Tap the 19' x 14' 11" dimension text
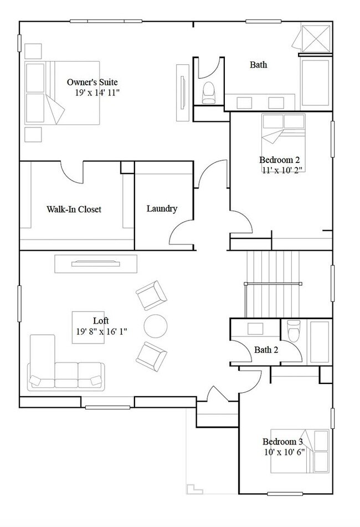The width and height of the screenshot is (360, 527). [97, 93]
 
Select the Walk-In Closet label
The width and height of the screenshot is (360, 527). [74, 209]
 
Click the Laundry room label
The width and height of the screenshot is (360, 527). [162, 209]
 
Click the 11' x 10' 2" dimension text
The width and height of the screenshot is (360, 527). [282, 170]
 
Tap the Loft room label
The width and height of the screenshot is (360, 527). [101, 321]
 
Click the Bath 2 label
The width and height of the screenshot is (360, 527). [266, 350]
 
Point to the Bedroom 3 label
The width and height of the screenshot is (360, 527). [282, 442]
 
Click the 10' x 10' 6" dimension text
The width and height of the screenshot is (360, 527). [282, 452]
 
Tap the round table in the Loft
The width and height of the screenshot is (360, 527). [155, 325]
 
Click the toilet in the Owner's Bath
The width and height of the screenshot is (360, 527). [209, 93]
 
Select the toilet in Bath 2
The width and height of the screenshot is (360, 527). [294, 330]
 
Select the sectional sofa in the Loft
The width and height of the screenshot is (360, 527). [61, 369]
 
